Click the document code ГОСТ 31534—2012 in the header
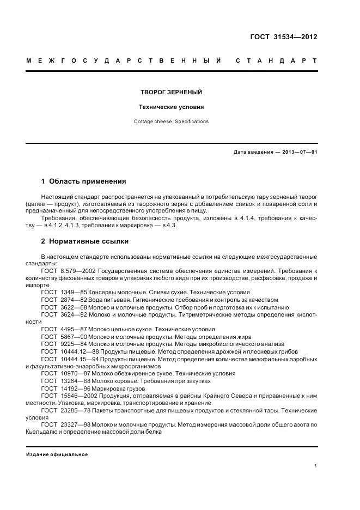click(283, 37)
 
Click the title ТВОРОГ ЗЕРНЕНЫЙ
click(171, 93)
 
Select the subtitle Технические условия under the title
click(171, 107)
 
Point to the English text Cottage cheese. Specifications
click(171, 122)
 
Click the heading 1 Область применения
click(83, 181)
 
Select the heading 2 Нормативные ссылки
click(85, 241)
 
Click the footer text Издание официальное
click(57, 454)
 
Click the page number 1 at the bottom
click(316, 466)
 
